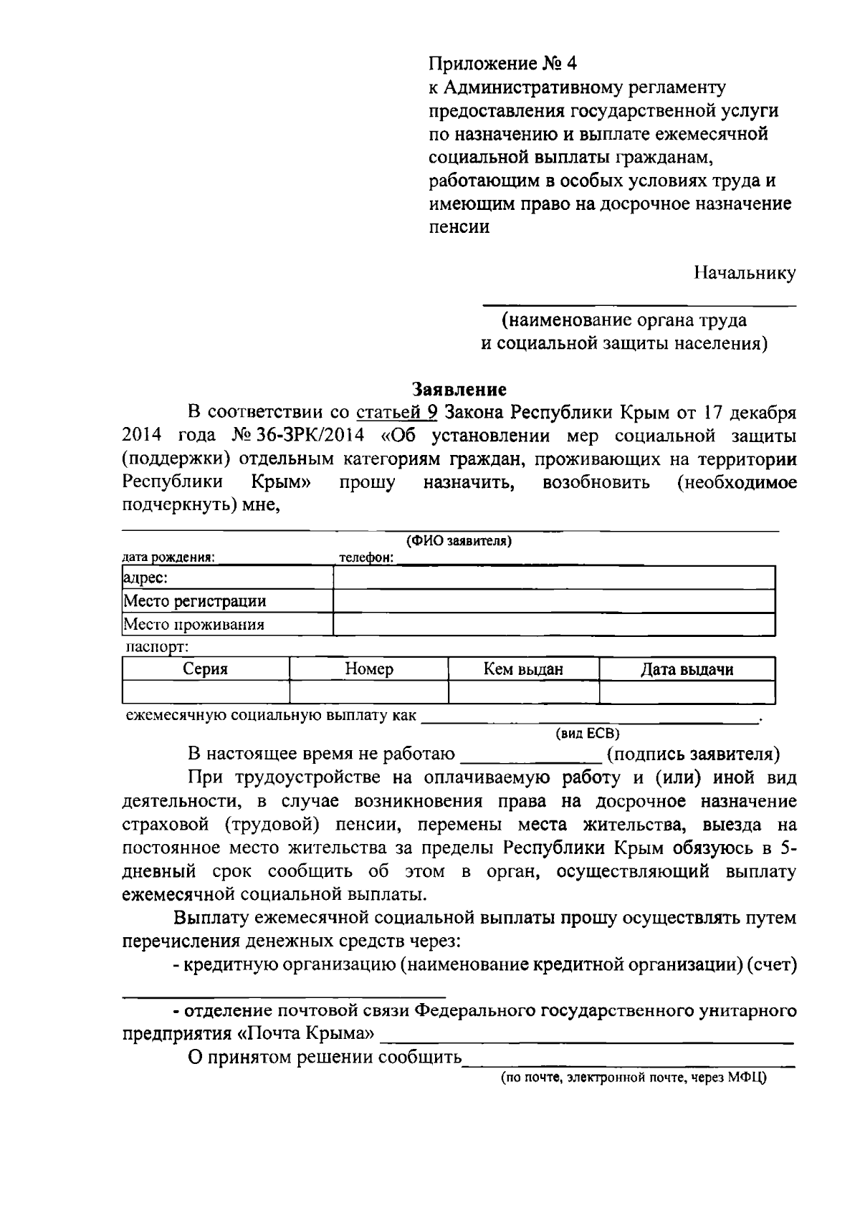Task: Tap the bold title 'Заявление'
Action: tap(459, 389)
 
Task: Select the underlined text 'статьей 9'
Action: tap(396, 413)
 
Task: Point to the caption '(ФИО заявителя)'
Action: tap(459, 541)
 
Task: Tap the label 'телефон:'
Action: tap(366, 558)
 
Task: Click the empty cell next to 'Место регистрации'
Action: tap(554, 601)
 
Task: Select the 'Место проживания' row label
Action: tap(194, 624)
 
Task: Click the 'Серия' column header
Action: tap(205, 669)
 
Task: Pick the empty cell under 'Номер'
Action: tap(368, 692)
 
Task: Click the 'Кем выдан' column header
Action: tap(523, 669)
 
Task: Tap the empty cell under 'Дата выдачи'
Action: tap(687, 692)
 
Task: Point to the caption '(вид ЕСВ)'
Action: tap(587, 734)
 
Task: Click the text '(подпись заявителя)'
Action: tap(693, 754)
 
